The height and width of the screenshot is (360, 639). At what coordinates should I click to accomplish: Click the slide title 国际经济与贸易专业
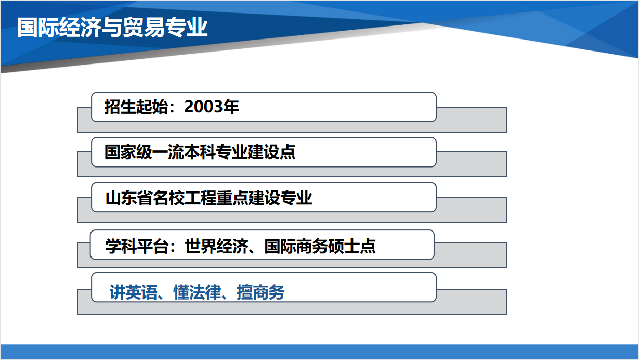[x=112, y=28]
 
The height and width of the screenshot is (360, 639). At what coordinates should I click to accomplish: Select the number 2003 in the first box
[x=203, y=107]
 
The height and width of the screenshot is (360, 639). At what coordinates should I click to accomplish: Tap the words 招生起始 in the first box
[x=136, y=107]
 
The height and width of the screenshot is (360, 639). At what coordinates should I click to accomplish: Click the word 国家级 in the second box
[x=128, y=151]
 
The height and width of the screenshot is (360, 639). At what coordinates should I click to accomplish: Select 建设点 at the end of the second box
[x=271, y=151]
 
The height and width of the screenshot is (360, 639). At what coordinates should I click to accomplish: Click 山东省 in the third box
[x=129, y=198]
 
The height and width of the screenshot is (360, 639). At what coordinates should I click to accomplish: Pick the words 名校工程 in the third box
[x=185, y=198]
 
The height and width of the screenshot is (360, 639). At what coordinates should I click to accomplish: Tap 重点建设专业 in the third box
[x=264, y=198]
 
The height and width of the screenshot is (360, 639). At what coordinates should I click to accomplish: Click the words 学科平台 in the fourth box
[x=137, y=246]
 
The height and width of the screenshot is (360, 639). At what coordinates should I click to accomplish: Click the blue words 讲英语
[x=134, y=292]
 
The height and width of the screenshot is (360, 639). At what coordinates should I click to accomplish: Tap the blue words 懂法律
[x=198, y=292]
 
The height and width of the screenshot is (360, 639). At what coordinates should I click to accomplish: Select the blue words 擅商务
[x=260, y=292]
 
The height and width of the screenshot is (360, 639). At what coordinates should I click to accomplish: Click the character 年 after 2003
[x=231, y=107]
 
